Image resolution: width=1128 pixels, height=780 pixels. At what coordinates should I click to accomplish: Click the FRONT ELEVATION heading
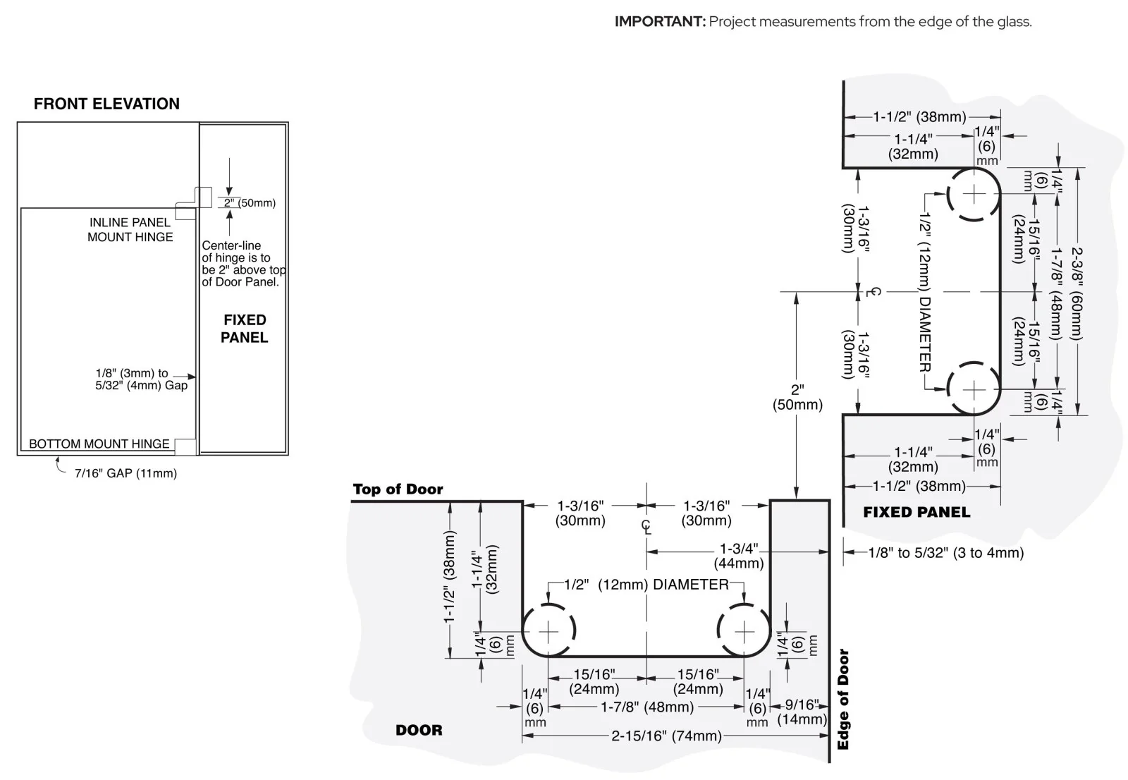(x=106, y=104)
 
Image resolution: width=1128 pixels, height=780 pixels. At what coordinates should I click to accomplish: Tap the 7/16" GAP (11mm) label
(x=125, y=474)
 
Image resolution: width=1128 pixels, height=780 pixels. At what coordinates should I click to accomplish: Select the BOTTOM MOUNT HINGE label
(x=99, y=444)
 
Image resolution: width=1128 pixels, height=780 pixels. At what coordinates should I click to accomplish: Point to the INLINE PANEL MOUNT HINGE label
(x=130, y=230)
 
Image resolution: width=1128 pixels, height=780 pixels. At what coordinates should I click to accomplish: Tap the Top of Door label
(x=398, y=489)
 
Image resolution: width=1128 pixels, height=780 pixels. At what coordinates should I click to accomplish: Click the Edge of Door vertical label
(x=843, y=700)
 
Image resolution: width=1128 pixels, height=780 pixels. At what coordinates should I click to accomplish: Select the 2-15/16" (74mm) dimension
(x=667, y=736)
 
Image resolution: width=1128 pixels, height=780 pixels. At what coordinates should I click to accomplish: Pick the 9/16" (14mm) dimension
(x=802, y=712)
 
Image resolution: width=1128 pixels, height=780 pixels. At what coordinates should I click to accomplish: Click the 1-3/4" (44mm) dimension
(x=739, y=556)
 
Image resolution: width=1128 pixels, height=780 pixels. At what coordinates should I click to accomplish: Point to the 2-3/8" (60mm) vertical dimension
(x=1077, y=293)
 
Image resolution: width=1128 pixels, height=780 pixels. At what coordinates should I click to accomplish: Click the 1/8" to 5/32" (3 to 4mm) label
(x=946, y=553)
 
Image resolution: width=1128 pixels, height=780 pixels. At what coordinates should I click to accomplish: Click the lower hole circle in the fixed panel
(x=974, y=362)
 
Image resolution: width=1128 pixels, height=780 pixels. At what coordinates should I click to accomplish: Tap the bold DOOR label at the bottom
(x=419, y=730)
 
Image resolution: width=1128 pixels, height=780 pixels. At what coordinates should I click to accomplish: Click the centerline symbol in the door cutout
(x=646, y=527)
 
